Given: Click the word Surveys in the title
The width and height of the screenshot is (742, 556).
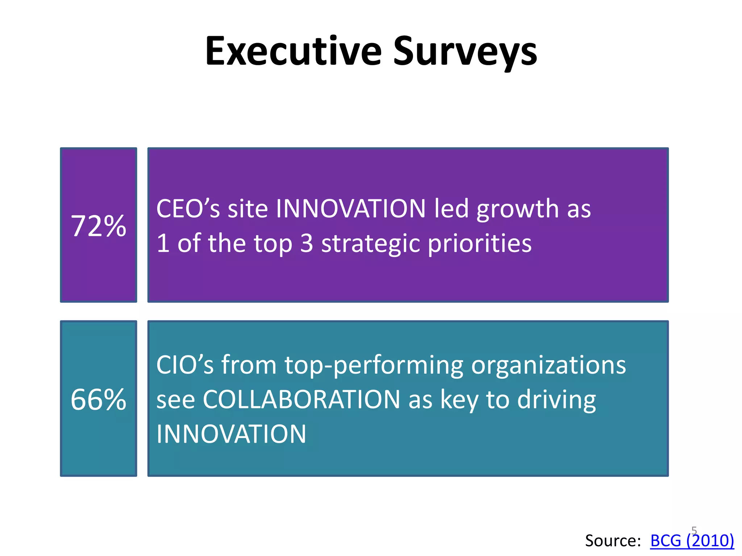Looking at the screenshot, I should coord(465,51).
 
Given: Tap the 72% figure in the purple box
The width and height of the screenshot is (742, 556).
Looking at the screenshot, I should coord(99,226).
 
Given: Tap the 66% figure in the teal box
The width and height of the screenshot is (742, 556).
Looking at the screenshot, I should coord(99,400).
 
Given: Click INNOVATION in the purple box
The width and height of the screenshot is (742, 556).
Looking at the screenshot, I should coord(351,209).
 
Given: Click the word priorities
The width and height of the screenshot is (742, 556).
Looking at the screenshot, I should coord(480,244).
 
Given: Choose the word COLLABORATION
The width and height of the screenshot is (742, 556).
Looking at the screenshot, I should coord(301,400).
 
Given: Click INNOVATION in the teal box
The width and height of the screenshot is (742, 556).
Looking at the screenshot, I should coord(231,434).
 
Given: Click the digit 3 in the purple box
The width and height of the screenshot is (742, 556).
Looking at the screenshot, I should coord(307,244).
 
